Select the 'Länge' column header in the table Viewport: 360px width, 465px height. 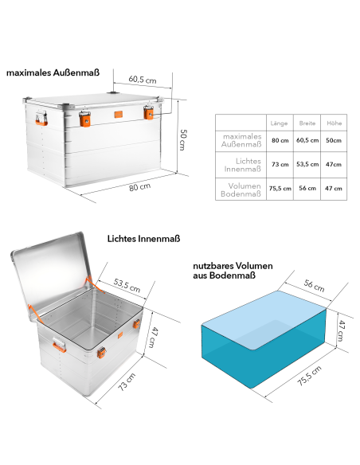pyautogui.click(x=279, y=123)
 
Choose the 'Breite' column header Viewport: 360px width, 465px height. pyautogui.click(x=307, y=123)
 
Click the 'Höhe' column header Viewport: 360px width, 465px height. pyautogui.click(x=333, y=123)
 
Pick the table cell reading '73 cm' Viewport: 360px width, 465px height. pyautogui.click(x=280, y=164)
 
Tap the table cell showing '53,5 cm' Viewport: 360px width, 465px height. pyautogui.click(x=307, y=164)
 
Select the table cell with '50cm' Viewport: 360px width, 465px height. pyautogui.click(x=333, y=140)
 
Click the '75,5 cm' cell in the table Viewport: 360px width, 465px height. pyautogui.click(x=280, y=189)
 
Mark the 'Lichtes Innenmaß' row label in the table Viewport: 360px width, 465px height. pyautogui.click(x=241, y=164)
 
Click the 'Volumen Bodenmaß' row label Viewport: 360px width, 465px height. pyautogui.click(x=242, y=189)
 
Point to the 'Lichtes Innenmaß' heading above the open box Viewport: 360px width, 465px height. pyautogui.click(x=144, y=238)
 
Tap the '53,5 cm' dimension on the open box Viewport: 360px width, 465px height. pyautogui.click(x=127, y=284)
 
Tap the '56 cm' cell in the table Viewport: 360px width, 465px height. pyautogui.click(x=307, y=189)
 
